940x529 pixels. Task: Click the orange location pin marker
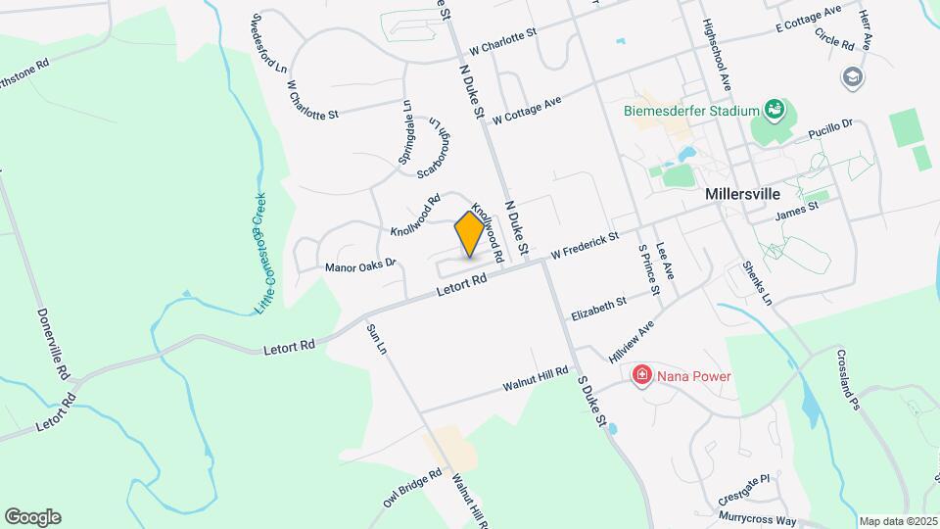coord(469,234)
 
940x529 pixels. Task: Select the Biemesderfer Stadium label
coord(692,110)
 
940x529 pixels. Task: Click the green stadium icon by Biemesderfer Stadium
coord(775,108)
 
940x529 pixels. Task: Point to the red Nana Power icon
coord(641,374)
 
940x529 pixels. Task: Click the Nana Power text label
coord(694,375)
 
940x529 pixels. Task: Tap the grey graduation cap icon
coord(853,76)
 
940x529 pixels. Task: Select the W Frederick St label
coord(585,245)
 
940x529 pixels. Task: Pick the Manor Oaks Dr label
coord(359,264)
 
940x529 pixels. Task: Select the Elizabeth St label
coord(598,305)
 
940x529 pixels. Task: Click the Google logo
coord(32,516)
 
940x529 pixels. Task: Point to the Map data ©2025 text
coord(898,521)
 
